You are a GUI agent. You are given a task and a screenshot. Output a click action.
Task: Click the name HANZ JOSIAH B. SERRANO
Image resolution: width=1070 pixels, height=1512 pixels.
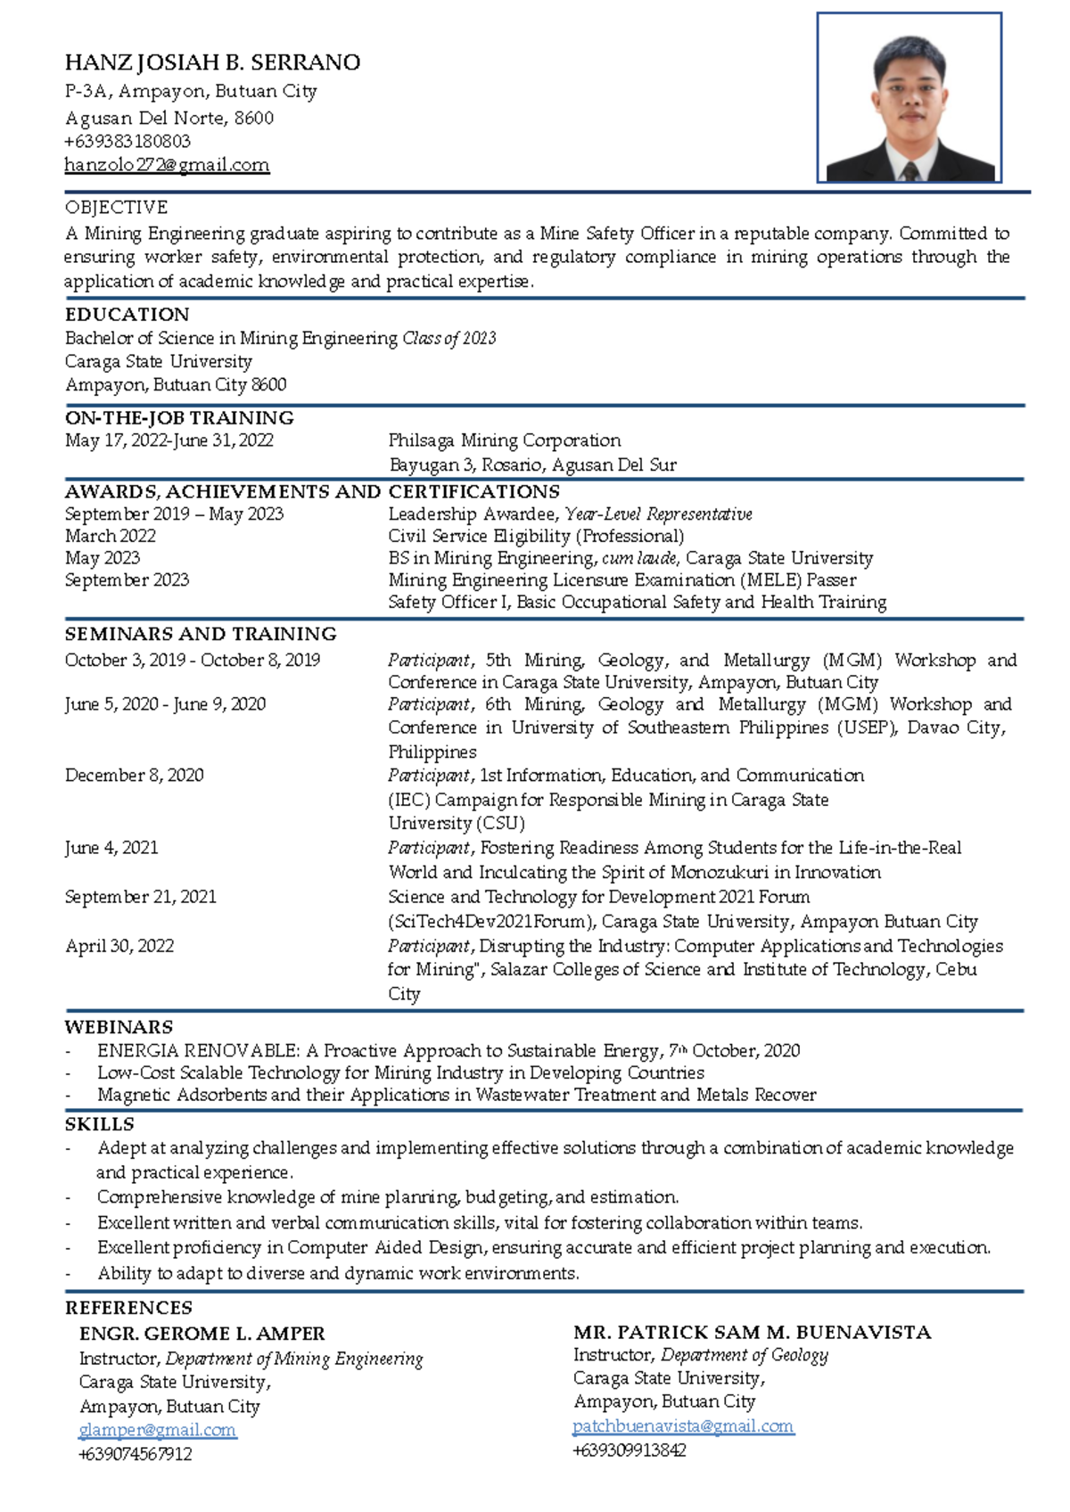tap(212, 62)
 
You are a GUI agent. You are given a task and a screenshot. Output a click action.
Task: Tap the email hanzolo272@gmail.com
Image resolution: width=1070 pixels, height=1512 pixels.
tap(167, 165)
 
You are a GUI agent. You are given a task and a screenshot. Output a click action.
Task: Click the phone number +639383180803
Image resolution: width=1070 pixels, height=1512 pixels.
tap(128, 141)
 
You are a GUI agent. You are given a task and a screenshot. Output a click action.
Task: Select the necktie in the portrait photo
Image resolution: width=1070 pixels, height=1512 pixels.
tap(910, 170)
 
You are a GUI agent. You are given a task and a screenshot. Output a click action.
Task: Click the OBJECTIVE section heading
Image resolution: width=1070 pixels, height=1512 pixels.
tap(116, 207)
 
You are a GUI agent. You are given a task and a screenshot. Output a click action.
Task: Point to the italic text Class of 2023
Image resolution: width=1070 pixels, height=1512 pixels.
tap(449, 338)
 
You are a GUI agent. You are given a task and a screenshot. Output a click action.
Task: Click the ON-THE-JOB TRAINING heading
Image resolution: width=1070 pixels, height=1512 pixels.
tap(179, 417)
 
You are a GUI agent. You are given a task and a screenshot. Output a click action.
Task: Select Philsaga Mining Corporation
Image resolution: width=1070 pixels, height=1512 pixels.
tap(505, 440)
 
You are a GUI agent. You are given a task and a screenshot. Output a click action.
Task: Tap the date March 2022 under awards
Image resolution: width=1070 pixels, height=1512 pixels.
tap(111, 536)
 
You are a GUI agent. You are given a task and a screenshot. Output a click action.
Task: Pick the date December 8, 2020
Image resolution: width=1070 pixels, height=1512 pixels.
tap(134, 775)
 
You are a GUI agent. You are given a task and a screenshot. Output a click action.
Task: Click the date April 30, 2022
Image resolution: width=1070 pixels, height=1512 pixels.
tap(119, 946)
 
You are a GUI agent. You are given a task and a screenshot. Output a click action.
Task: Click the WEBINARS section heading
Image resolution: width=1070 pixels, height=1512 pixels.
tap(119, 1027)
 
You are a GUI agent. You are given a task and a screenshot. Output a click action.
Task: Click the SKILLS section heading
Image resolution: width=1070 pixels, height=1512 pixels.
tap(99, 1124)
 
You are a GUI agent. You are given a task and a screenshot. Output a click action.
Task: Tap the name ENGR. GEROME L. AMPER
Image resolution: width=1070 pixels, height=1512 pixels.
tap(202, 1334)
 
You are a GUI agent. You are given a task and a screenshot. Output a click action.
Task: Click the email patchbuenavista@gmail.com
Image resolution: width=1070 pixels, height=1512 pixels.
tap(682, 1426)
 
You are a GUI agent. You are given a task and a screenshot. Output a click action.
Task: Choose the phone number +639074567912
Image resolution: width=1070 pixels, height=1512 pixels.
tap(136, 1454)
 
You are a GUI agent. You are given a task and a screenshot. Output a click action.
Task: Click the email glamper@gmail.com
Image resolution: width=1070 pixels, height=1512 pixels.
tap(157, 1430)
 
